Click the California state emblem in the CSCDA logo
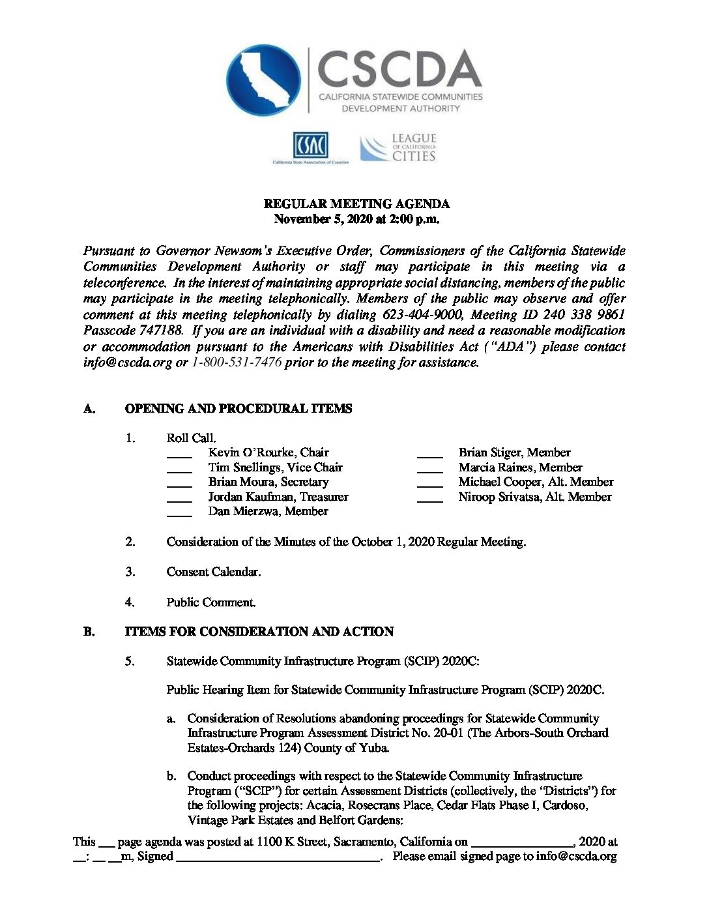(264, 81)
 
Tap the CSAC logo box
(310, 145)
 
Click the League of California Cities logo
(398, 148)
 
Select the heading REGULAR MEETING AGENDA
(356, 204)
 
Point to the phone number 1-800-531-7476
(237, 363)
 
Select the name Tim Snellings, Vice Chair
(275, 467)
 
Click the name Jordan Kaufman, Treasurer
(278, 497)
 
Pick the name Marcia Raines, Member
(520, 467)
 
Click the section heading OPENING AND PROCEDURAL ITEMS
(239, 409)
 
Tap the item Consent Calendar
(214, 572)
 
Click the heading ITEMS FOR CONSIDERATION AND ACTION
(259, 632)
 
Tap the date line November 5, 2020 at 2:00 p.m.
(356, 219)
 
